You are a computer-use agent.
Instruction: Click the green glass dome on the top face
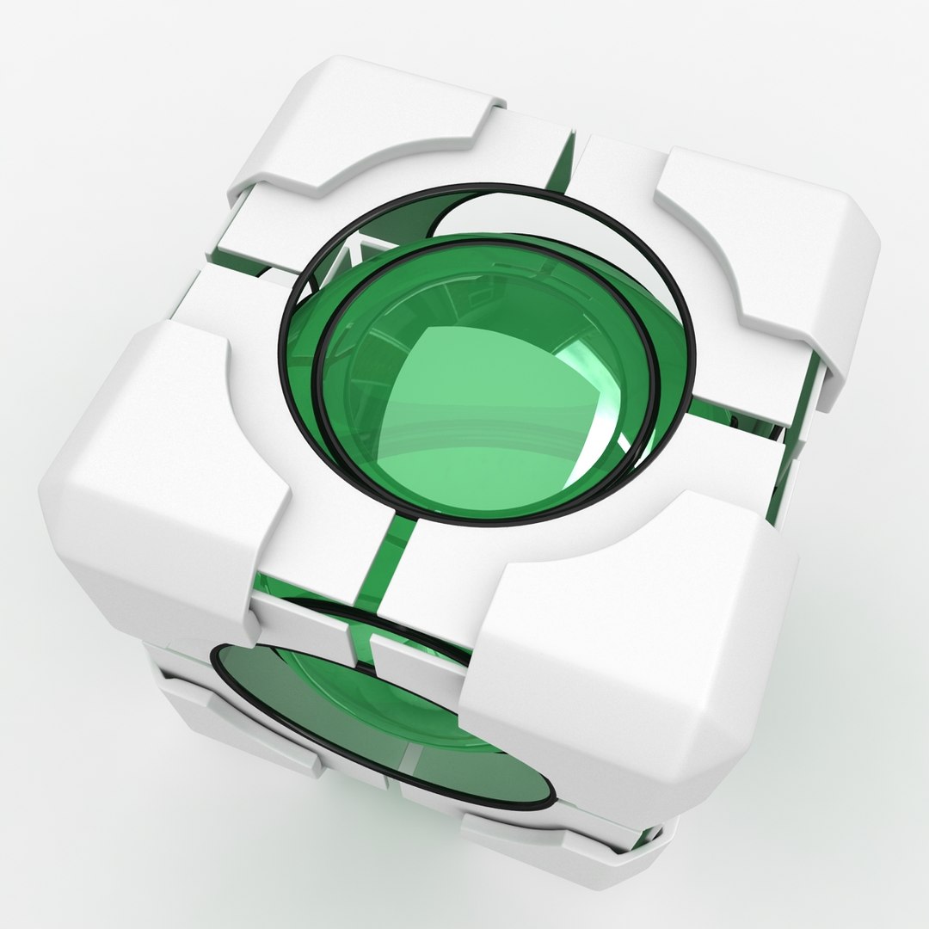482,404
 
